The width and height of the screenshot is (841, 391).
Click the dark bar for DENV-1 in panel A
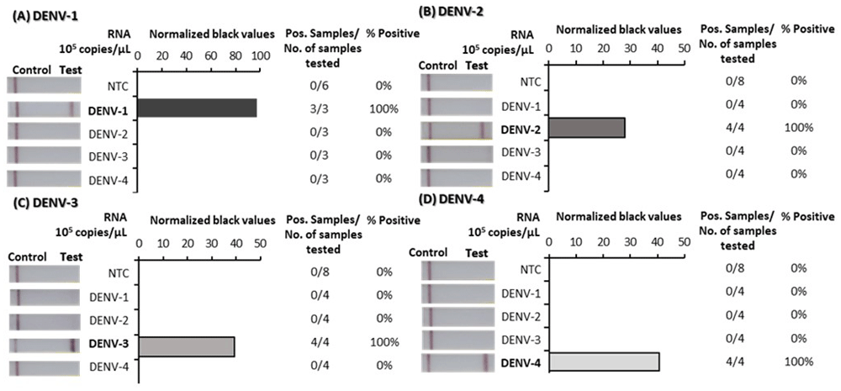197,108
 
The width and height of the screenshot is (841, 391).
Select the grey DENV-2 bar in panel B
586,127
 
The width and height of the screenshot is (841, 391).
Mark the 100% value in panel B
797,127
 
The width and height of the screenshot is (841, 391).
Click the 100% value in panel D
797,362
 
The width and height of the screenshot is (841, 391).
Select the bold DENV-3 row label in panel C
109,343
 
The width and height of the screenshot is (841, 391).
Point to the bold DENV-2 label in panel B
521,128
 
